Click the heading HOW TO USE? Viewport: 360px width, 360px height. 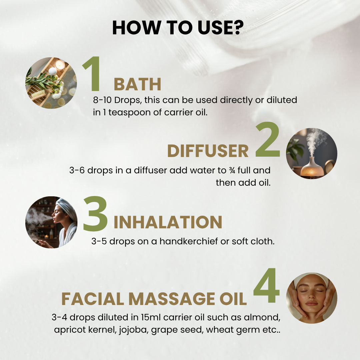coord(178,28)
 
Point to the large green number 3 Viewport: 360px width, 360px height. coord(95,214)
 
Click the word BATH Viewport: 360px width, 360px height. coord(138,84)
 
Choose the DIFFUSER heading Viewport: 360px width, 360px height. coord(208,151)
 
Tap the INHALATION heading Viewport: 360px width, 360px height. coord(168,222)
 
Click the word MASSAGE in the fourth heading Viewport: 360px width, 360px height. coord(172,299)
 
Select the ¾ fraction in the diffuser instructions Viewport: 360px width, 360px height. coord(232,170)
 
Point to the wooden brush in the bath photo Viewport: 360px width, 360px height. coord(39,95)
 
